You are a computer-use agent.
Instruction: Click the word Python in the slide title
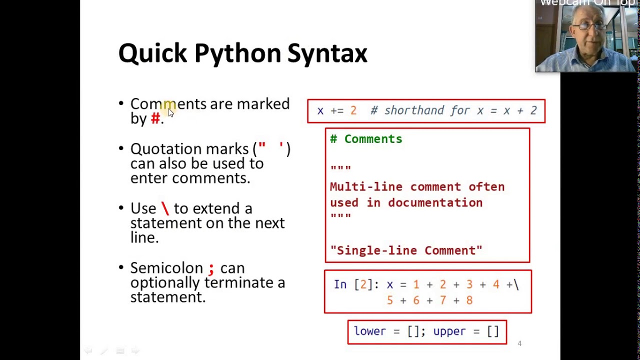pos(237,53)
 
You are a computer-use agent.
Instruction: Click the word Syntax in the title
pos(327,53)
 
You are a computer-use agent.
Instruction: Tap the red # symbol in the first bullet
pos(155,118)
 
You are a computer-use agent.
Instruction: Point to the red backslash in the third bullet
pos(165,208)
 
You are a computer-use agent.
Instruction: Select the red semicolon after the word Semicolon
pos(211,268)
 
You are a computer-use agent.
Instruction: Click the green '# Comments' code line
pos(366,139)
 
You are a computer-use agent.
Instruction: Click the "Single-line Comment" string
pos(406,250)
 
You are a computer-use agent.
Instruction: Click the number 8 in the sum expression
pos(469,300)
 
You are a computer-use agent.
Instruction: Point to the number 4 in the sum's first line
pos(495,284)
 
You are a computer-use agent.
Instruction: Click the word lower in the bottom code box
pos(369,331)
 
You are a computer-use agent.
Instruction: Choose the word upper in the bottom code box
pos(449,331)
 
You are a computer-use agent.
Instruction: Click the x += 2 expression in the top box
pos(336,110)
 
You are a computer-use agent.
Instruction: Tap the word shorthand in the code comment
pos(414,110)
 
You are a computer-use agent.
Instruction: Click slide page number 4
pos(519,343)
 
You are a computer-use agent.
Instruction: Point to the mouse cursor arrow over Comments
pos(170,112)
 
